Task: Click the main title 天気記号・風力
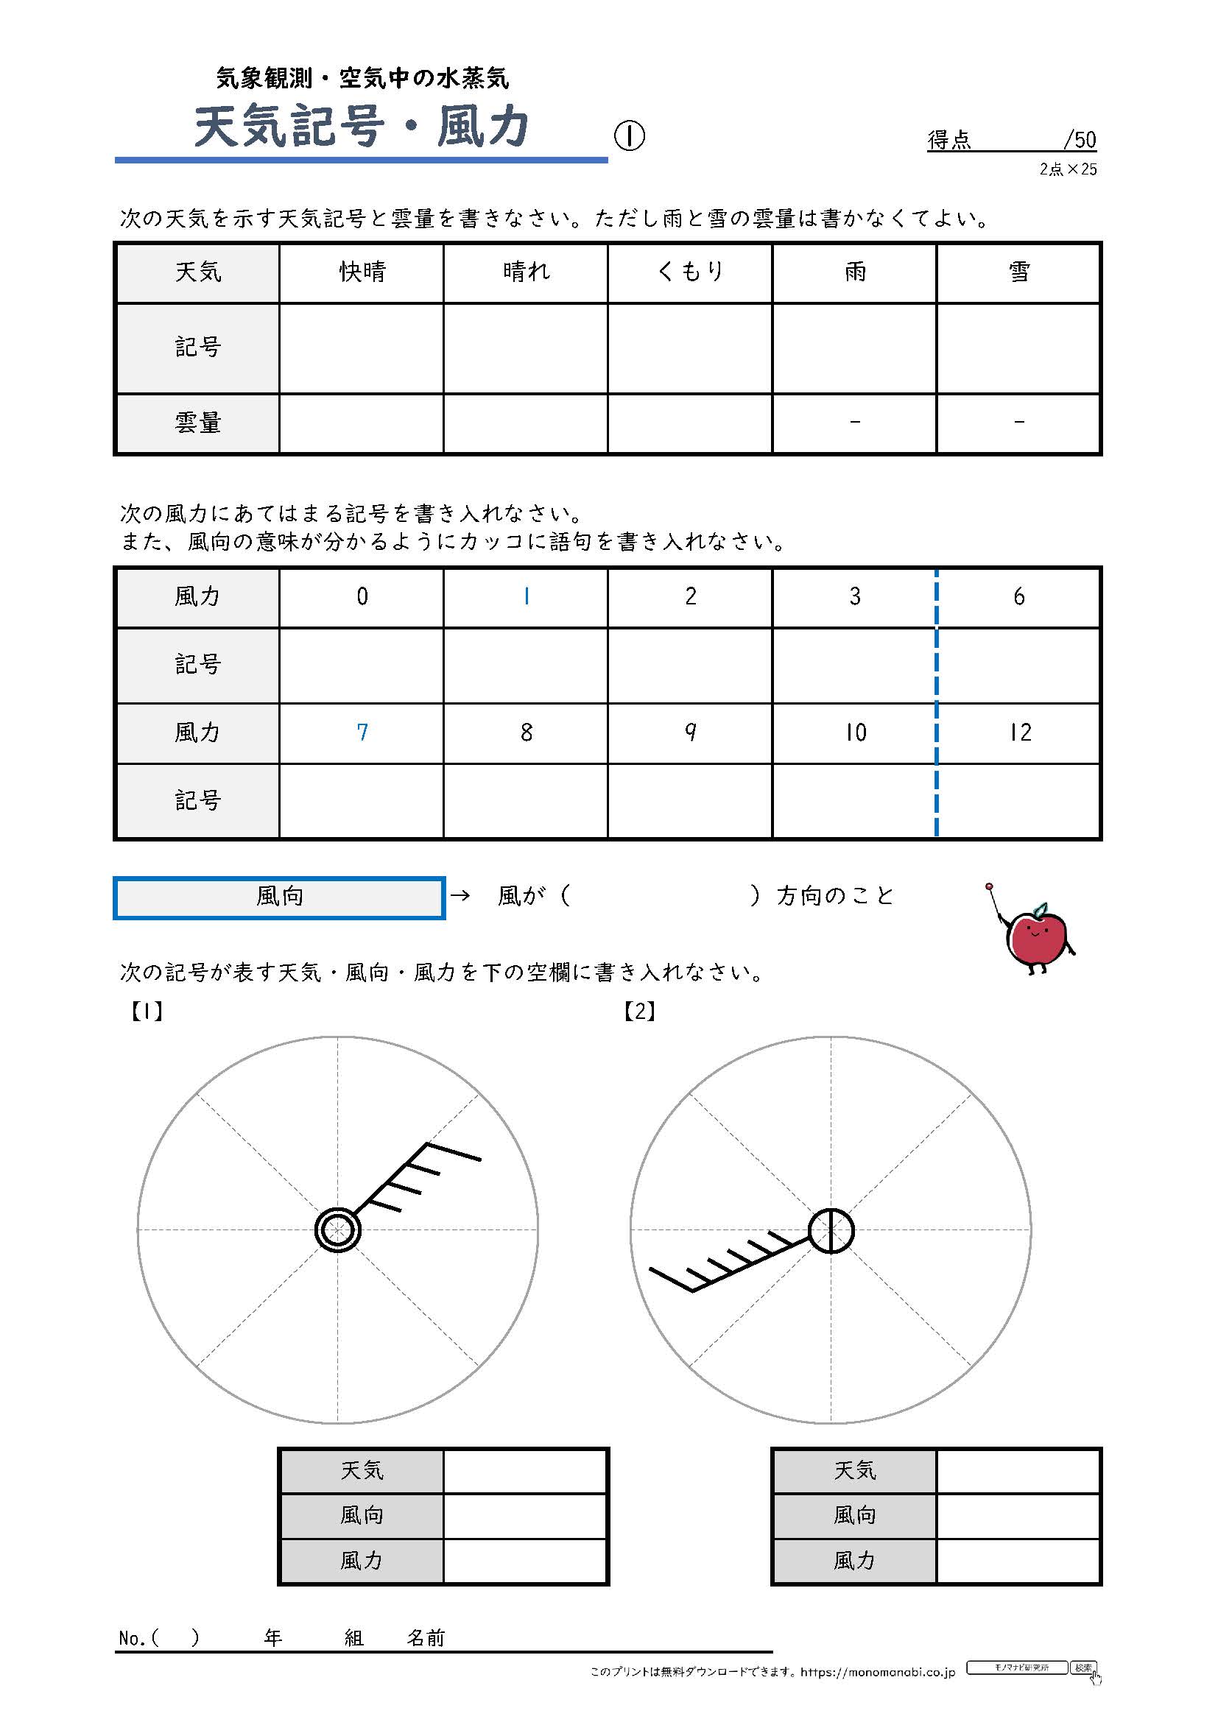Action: tap(362, 126)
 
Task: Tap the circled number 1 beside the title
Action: tap(628, 135)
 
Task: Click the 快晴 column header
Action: tap(362, 272)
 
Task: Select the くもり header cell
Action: tap(690, 272)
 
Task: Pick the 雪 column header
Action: tap(1018, 272)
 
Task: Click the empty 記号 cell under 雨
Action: tap(854, 348)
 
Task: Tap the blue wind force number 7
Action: tap(362, 732)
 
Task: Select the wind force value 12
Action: tap(1019, 732)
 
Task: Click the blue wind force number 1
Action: tap(527, 596)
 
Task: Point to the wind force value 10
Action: tap(855, 732)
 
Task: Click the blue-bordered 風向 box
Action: tap(279, 896)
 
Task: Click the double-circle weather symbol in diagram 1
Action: tap(337, 1229)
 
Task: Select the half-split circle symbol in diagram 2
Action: tap(830, 1230)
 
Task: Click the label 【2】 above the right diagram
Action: tap(639, 1011)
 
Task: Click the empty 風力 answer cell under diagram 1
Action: tap(524, 1561)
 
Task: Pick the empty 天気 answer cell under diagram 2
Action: tap(1017, 1470)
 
